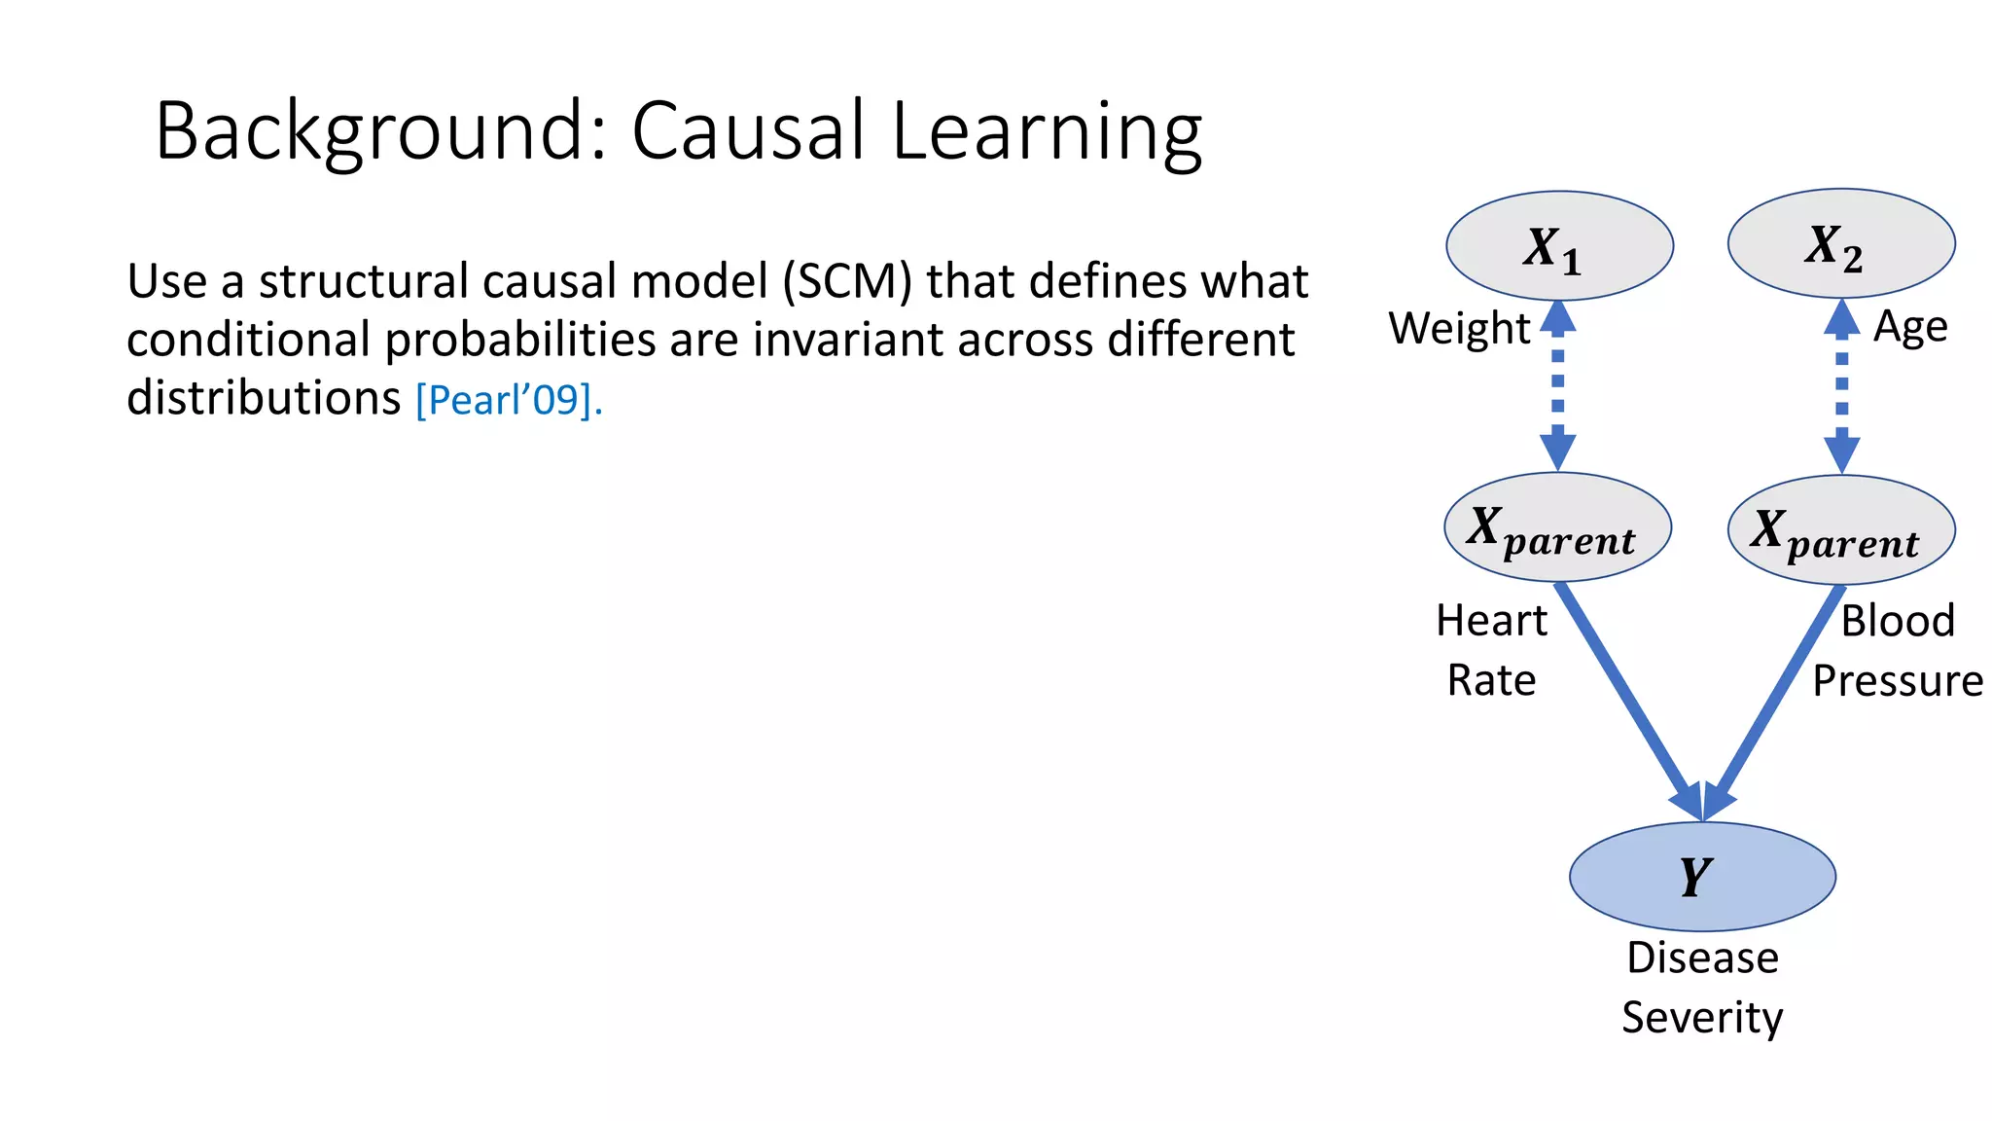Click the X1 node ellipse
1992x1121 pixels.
pyautogui.click(x=1559, y=246)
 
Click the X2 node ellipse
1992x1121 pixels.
pyautogui.click(x=1840, y=243)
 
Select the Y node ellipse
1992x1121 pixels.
pyautogui.click(x=1702, y=876)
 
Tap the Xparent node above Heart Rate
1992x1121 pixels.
pyautogui.click(x=1557, y=527)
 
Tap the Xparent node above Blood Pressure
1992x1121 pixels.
pyautogui.click(x=1840, y=530)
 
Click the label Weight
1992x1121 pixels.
pyautogui.click(x=1459, y=329)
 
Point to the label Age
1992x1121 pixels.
pyautogui.click(x=1910, y=327)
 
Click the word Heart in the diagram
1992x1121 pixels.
pyautogui.click(x=1491, y=621)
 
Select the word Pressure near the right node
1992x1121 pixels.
pyautogui.click(x=1897, y=681)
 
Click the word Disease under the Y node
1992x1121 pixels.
pyautogui.click(x=1702, y=958)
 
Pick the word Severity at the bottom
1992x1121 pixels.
pyautogui.click(x=1702, y=1018)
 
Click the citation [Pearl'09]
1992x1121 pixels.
pyautogui.click(x=509, y=400)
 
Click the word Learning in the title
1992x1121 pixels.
pyautogui.click(x=1047, y=131)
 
